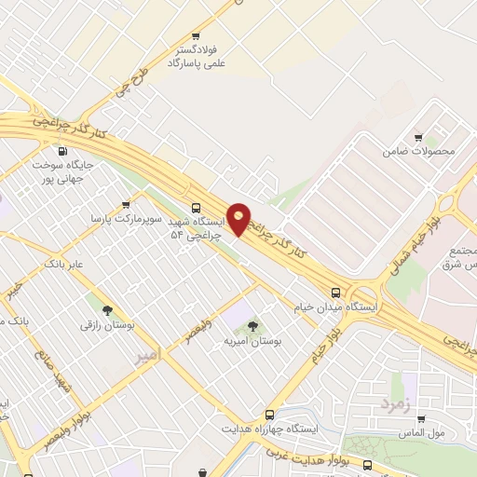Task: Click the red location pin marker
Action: click(x=239, y=218)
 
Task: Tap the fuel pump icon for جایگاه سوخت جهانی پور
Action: click(x=62, y=151)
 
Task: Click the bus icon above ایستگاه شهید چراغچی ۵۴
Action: click(x=196, y=208)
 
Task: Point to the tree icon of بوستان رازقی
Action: click(x=107, y=310)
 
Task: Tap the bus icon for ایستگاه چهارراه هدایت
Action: click(x=270, y=414)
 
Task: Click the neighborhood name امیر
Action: click(x=147, y=357)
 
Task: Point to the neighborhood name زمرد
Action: click(x=394, y=404)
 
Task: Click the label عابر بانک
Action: click(x=63, y=265)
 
